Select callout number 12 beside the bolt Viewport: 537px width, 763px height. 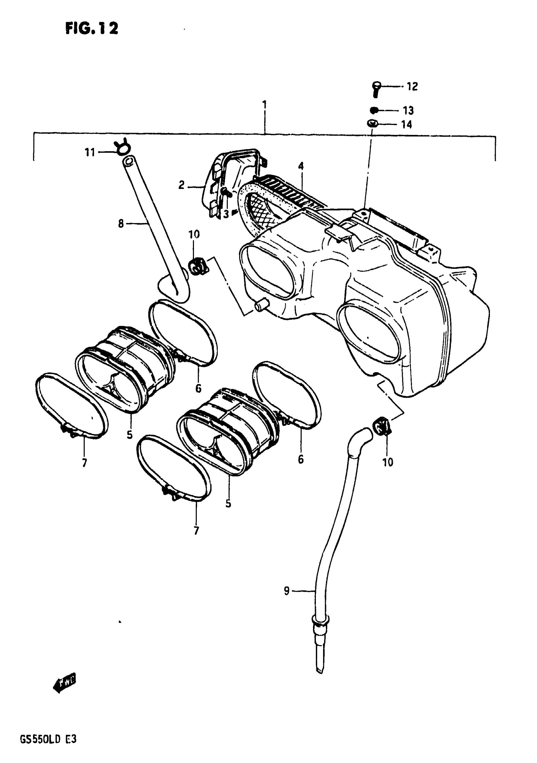click(412, 87)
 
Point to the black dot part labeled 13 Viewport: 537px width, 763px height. click(374, 110)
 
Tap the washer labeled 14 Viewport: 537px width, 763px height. click(372, 124)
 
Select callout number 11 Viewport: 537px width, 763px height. click(90, 153)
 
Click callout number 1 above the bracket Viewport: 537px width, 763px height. click(264, 105)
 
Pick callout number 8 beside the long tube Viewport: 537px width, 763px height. click(121, 224)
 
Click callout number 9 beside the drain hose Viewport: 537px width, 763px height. click(287, 591)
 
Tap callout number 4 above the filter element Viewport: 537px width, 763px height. click(301, 166)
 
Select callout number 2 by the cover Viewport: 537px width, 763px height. click(181, 185)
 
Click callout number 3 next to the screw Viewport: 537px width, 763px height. click(226, 215)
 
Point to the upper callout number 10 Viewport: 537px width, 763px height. click(194, 234)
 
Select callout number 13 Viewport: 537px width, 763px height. click(408, 110)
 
